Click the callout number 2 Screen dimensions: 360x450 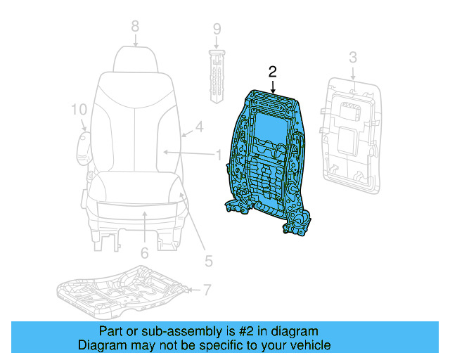(273, 71)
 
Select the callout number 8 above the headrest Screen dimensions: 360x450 (135, 27)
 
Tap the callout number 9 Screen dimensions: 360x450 (217, 29)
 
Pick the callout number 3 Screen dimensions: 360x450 (353, 56)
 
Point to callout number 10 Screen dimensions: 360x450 (78, 109)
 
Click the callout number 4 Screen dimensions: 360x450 (199, 127)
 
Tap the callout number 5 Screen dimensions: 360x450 (208, 261)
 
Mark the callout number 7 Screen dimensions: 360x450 (207, 289)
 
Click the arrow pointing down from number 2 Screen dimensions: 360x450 (273, 86)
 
